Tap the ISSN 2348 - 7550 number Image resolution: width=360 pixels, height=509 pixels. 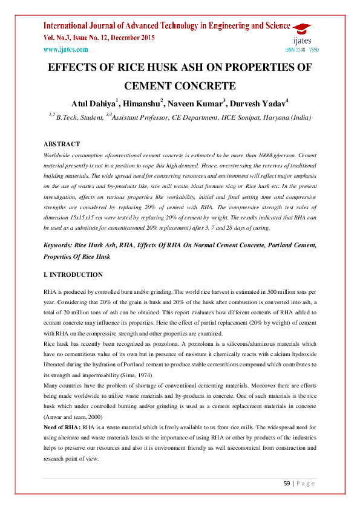[301, 50]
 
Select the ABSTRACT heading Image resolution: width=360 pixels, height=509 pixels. [62, 144]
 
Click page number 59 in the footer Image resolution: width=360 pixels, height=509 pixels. [287, 483]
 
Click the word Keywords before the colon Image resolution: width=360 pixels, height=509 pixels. [61, 247]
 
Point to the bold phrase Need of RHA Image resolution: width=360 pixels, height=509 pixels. [63, 427]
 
